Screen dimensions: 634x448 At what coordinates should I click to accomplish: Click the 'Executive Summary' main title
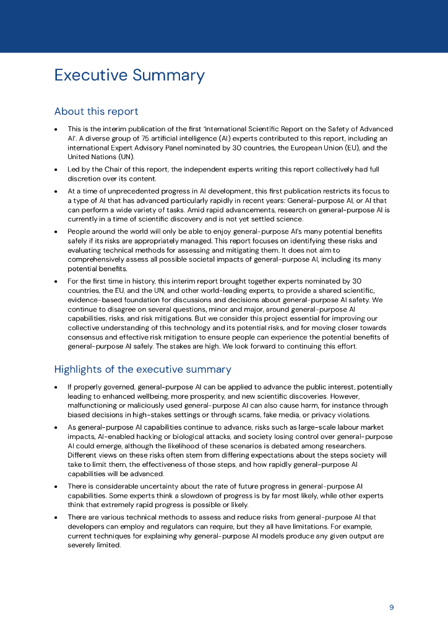point(129,76)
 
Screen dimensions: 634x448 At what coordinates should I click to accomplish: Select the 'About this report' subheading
point(96,111)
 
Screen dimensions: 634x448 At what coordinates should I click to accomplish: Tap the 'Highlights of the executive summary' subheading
point(142,370)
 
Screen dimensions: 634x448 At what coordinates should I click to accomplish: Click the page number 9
point(391,607)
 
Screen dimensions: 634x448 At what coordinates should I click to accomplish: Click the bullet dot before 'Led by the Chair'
point(56,169)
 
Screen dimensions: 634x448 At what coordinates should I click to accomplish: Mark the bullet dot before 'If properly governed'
point(56,387)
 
